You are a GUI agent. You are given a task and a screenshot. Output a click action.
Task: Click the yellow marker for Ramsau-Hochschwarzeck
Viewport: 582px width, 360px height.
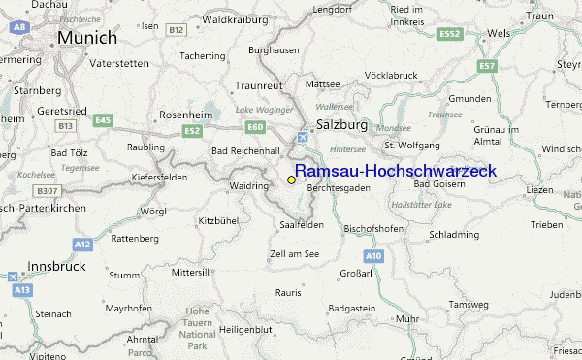pyautogui.click(x=291, y=180)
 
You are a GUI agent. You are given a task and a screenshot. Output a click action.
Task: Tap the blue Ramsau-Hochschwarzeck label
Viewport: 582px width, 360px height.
pyautogui.click(x=395, y=171)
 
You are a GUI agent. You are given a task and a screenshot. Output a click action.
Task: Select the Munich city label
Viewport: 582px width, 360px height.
pyautogui.click(x=86, y=38)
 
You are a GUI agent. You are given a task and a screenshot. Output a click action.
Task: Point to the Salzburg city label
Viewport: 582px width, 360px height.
pyautogui.click(x=341, y=125)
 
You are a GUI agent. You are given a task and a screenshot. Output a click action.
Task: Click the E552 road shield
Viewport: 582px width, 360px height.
pyautogui.click(x=448, y=33)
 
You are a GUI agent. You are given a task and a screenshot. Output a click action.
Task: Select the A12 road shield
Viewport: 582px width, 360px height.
pyautogui.click(x=83, y=245)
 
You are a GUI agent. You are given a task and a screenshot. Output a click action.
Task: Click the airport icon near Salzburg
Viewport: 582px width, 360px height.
pyautogui.click(x=304, y=137)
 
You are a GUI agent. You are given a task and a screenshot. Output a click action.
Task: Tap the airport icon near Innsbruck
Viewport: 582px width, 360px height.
pyautogui.click(x=13, y=277)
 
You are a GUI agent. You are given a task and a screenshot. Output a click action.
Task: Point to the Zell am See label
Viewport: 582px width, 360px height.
pyautogui.click(x=294, y=253)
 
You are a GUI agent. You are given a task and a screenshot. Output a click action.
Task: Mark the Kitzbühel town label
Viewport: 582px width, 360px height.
pyautogui.click(x=218, y=221)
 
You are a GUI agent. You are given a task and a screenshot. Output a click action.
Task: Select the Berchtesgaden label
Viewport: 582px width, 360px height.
pyautogui.click(x=339, y=187)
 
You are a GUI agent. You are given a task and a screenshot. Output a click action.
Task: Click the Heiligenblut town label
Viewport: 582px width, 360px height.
pyautogui.click(x=244, y=331)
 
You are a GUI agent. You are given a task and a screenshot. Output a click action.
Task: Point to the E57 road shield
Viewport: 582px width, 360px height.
pyautogui.click(x=487, y=66)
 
